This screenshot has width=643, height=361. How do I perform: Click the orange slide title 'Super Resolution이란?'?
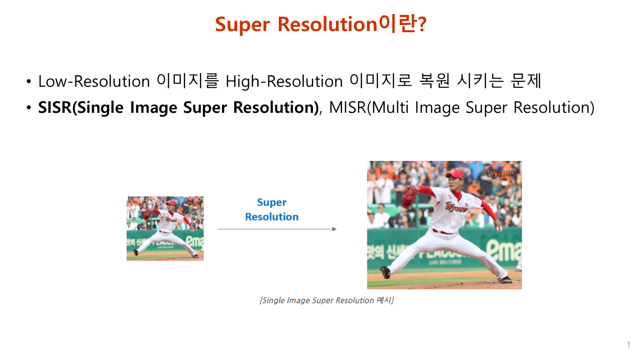pyautogui.click(x=320, y=24)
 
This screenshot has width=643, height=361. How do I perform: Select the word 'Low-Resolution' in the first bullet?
pyautogui.click(x=94, y=81)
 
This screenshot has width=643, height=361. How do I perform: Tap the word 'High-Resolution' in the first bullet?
pyautogui.click(x=284, y=81)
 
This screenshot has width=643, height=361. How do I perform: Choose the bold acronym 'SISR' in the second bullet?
pyautogui.click(x=55, y=108)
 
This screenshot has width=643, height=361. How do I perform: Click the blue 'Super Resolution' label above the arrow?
pyautogui.click(x=272, y=210)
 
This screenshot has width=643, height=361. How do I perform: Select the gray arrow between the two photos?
pyautogui.click(x=277, y=229)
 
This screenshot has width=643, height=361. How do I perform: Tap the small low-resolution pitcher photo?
pyautogui.click(x=165, y=228)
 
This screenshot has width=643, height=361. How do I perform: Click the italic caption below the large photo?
pyautogui.click(x=327, y=300)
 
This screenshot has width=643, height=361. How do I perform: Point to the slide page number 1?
pyautogui.click(x=628, y=344)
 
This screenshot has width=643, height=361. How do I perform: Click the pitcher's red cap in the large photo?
pyautogui.click(x=456, y=175)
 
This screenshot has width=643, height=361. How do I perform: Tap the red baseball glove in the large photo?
pyautogui.click(x=410, y=193)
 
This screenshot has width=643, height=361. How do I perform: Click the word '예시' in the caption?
pyautogui.click(x=383, y=300)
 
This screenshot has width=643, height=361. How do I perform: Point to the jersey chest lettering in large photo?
pyautogui.click(x=455, y=208)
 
